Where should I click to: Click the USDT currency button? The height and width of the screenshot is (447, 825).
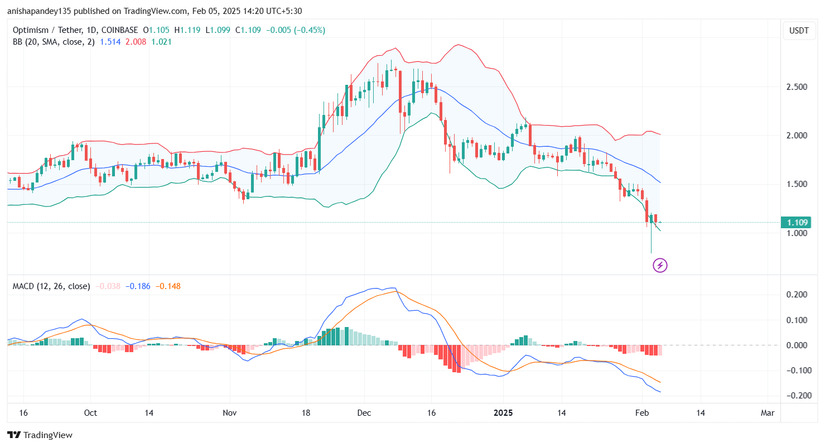point(799,31)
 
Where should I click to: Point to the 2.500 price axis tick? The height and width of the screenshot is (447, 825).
point(797,87)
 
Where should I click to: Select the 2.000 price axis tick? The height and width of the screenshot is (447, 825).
point(797,136)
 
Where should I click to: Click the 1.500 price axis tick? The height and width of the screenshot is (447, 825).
point(797,184)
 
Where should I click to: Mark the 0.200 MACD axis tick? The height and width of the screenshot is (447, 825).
point(797,295)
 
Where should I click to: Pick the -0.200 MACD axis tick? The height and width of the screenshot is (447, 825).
point(795,396)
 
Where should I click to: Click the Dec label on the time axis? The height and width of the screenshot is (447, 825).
point(364,413)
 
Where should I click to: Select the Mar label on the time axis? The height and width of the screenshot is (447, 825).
point(768,413)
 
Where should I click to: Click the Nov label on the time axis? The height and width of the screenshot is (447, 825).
point(230,413)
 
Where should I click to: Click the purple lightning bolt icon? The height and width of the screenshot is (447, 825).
point(660,265)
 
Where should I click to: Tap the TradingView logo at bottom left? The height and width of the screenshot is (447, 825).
point(40,435)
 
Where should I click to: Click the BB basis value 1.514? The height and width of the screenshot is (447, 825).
point(109,41)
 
